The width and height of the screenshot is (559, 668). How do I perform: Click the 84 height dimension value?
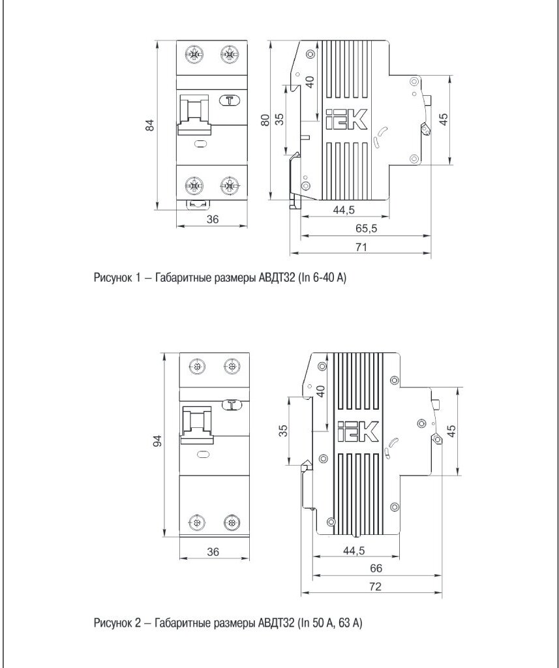click(x=149, y=126)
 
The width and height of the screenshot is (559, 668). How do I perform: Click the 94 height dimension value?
click(x=157, y=442)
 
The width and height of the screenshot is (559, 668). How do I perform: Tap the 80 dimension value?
click(x=265, y=121)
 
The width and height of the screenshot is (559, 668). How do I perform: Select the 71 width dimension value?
click(x=361, y=247)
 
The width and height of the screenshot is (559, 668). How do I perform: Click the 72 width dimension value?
click(x=374, y=586)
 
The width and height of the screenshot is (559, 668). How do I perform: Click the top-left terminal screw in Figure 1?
click(x=194, y=54)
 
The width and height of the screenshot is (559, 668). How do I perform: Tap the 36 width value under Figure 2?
click(x=213, y=551)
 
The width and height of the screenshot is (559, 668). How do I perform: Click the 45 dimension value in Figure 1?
click(x=444, y=119)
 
